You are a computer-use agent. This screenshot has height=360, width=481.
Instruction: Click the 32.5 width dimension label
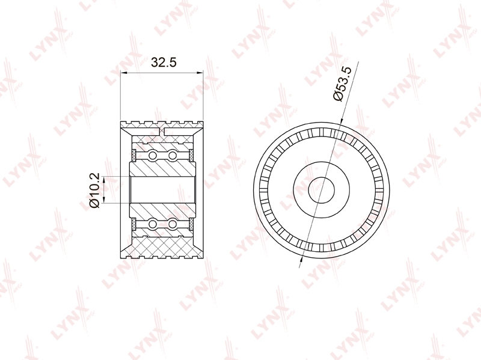click(x=164, y=63)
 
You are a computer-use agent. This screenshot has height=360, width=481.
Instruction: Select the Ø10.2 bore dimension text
click(x=94, y=190)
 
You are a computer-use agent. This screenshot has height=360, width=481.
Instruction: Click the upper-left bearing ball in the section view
click(x=153, y=156)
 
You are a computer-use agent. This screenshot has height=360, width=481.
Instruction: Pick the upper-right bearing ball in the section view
click(x=173, y=156)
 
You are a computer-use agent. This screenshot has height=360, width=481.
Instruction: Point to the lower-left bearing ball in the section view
click(x=153, y=224)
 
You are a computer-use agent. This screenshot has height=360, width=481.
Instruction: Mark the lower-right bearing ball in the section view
click(x=173, y=224)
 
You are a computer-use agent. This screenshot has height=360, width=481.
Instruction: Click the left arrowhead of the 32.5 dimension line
click(x=124, y=73)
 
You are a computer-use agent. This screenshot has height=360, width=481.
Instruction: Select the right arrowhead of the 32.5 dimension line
click(x=200, y=73)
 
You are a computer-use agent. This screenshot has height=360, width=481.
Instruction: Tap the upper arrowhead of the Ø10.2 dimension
click(x=103, y=180)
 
